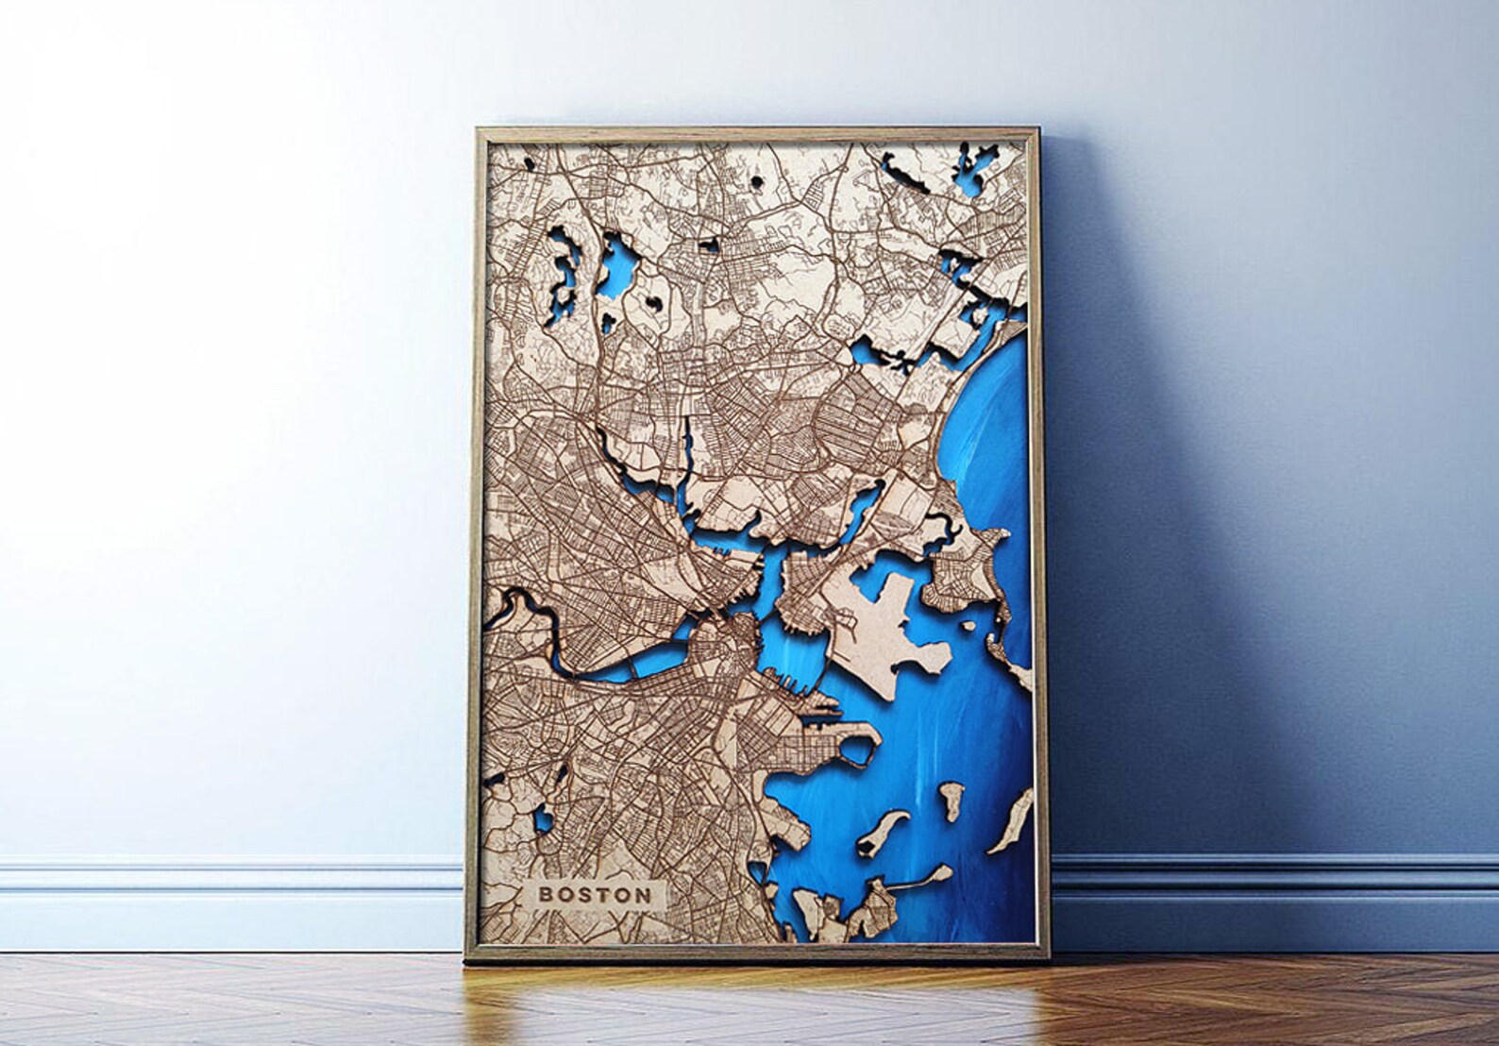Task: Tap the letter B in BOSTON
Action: (x=545, y=894)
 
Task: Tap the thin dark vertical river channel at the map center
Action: (x=686, y=444)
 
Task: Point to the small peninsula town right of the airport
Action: (x=958, y=576)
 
